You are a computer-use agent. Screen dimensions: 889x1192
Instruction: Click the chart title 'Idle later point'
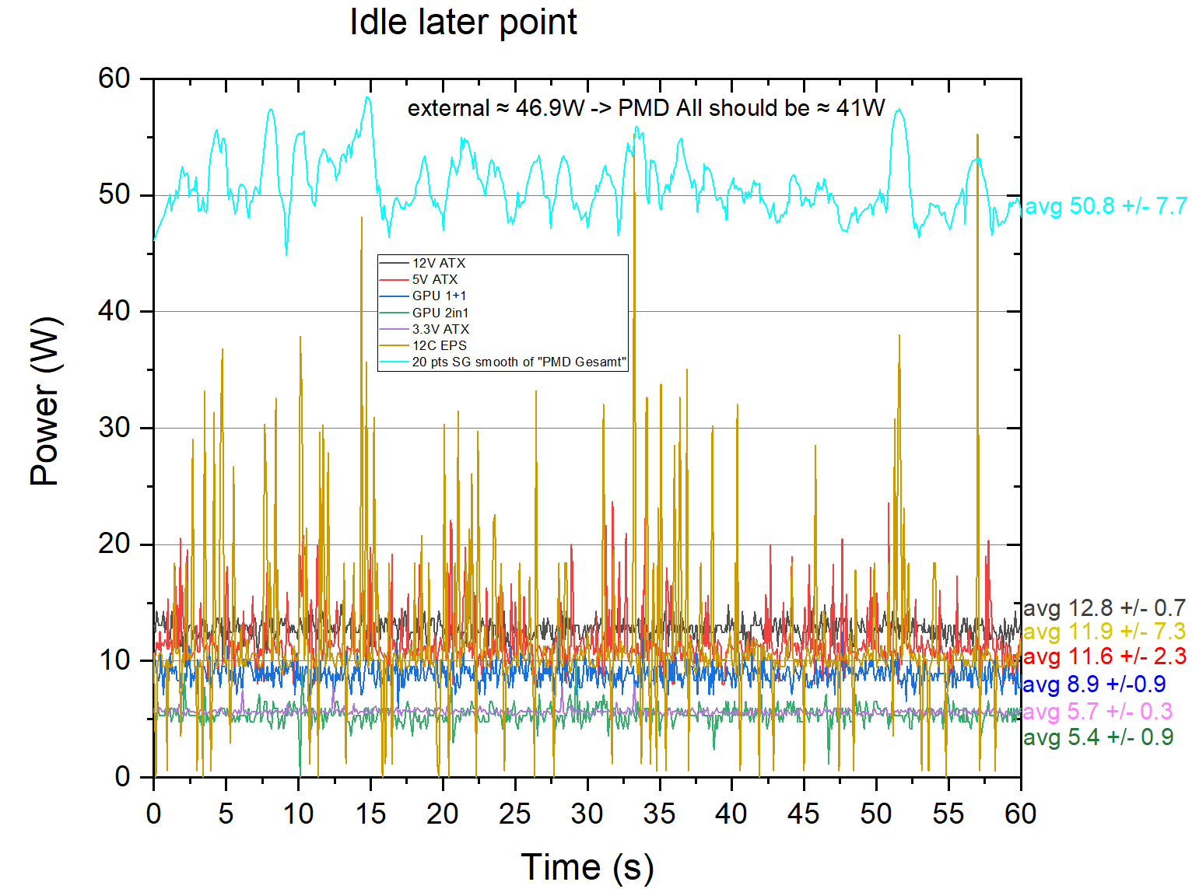(463, 22)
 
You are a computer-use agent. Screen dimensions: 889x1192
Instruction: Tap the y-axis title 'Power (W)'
(44, 401)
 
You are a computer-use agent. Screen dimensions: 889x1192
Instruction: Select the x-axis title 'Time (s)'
(587, 866)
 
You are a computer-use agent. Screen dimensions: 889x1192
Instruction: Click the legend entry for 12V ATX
(438, 264)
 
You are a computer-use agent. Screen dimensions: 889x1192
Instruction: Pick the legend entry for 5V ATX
(434, 280)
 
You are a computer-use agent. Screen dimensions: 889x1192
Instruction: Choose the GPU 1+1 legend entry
(439, 296)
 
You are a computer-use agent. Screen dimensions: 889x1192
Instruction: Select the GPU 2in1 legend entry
(440, 313)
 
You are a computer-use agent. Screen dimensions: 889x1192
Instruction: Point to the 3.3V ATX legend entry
(440, 329)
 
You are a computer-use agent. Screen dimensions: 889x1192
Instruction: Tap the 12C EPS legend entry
(439, 345)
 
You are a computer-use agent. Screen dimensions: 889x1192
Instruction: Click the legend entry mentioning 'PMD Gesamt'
(518, 362)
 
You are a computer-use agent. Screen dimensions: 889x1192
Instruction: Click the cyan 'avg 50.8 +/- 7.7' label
(1106, 206)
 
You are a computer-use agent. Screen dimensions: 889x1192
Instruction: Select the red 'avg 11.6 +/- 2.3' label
(1104, 656)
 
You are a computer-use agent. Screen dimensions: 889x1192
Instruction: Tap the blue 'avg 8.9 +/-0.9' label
(1093, 684)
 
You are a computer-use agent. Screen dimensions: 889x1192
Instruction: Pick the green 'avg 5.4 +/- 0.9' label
(1097, 737)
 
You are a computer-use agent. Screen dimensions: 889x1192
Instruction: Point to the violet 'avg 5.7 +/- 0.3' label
(1097, 711)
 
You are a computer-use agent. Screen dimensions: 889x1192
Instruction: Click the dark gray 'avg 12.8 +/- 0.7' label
(1104, 607)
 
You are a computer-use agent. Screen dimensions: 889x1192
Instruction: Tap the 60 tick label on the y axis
(114, 78)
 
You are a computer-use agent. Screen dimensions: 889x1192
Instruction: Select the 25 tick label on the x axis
(514, 814)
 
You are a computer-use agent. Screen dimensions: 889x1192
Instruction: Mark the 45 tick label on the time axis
(803, 814)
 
